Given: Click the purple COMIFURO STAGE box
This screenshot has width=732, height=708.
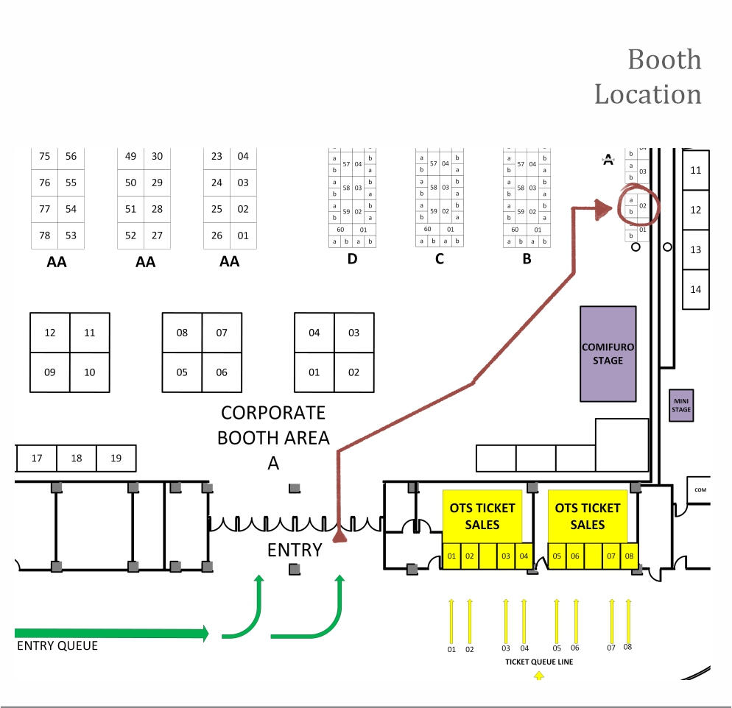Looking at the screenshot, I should pyautogui.click(x=608, y=354).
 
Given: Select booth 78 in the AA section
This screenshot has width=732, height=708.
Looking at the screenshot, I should pyautogui.click(x=44, y=236).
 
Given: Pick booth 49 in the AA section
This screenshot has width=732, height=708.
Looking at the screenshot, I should pyautogui.click(x=130, y=156).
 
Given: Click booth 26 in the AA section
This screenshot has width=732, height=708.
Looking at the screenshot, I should pyautogui.click(x=217, y=236).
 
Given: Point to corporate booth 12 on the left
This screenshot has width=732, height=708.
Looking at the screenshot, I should pyautogui.click(x=50, y=333).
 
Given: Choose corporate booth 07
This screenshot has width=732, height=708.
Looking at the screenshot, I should pyautogui.click(x=222, y=333).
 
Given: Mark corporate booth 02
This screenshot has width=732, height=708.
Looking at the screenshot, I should pyautogui.click(x=353, y=372).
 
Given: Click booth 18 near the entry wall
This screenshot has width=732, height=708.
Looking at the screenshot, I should pyautogui.click(x=77, y=458).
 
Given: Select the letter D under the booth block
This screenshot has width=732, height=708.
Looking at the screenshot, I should pyautogui.click(x=352, y=259).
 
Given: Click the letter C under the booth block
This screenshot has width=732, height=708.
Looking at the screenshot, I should pyautogui.click(x=440, y=259).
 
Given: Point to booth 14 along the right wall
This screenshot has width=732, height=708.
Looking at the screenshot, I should pyautogui.click(x=695, y=289).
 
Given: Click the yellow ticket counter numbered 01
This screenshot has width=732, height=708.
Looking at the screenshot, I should pyautogui.click(x=451, y=556).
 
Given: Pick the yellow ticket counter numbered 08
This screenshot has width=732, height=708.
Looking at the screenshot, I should pyautogui.click(x=629, y=556).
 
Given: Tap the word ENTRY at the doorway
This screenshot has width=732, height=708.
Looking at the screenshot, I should pyautogui.click(x=295, y=550).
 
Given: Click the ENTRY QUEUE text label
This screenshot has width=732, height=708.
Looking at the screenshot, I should pyautogui.click(x=57, y=646).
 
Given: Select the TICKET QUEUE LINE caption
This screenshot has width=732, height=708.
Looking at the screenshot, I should pyautogui.click(x=539, y=662).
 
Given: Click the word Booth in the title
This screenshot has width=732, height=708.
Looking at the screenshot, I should pyautogui.click(x=664, y=60).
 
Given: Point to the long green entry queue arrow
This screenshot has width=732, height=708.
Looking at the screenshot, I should pyautogui.click(x=110, y=633).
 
